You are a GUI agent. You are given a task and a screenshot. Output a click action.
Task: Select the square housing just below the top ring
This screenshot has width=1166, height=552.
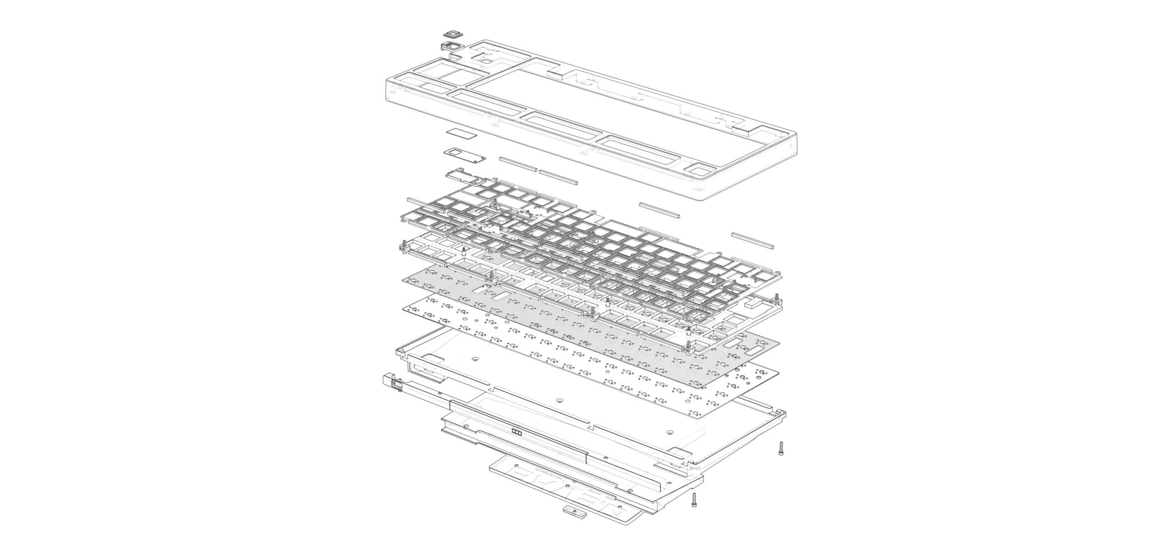click(x=132, y=46)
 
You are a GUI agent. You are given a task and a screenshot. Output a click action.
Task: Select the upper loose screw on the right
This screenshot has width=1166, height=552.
click(x=781, y=448)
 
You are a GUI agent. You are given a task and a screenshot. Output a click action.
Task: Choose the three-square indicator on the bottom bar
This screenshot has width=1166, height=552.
click(x=517, y=431)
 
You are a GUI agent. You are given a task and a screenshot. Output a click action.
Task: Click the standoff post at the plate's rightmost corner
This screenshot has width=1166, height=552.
click(x=777, y=299)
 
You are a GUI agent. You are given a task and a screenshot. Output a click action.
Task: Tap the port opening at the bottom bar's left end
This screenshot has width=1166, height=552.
click(x=397, y=386)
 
